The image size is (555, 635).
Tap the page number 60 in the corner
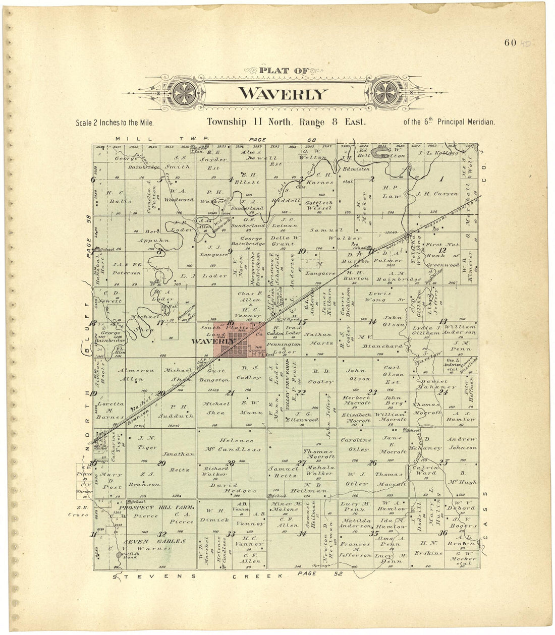click(510, 42)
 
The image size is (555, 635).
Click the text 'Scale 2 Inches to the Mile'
click(114, 123)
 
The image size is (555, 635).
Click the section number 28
click(231, 463)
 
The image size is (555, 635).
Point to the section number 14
click(372, 322)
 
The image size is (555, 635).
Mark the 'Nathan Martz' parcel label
click(318, 338)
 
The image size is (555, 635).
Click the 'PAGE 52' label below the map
click(320, 574)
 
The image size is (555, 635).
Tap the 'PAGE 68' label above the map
click(282, 139)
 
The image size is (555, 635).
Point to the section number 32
click(161, 534)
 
